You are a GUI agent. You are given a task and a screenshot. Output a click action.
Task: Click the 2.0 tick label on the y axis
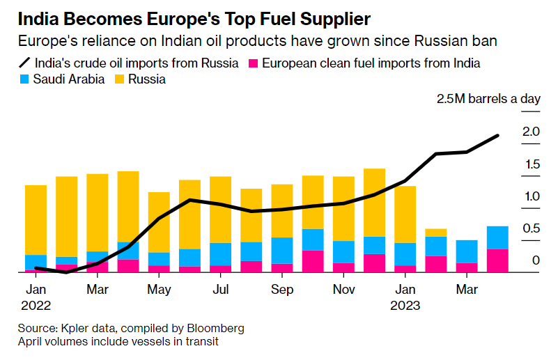(532, 131)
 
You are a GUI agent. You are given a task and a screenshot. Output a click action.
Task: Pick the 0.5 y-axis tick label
(532, 228)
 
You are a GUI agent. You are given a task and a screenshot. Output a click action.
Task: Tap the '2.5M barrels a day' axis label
(488, 98)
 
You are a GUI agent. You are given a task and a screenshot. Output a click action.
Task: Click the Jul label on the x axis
(220, 288)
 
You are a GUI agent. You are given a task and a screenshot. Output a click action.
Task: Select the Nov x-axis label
(343, 288)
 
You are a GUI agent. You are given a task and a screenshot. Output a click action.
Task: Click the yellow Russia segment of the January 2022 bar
(36, 219)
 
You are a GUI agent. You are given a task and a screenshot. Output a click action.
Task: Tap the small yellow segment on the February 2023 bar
(436, 233)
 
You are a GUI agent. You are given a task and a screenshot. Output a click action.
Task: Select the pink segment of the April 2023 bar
(497, 260)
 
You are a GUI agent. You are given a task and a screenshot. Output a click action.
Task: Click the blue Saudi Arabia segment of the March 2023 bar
(467, 251)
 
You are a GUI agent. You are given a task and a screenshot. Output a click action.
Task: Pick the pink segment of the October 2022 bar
(313, 261)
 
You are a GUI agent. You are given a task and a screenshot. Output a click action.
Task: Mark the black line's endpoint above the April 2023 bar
(498, 135)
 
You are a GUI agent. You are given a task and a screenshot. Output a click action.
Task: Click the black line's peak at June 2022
(190, 200)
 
